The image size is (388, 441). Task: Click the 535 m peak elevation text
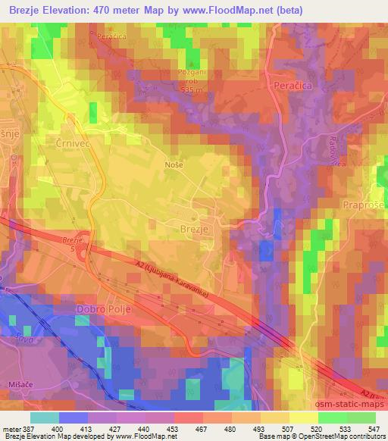coord(193,89)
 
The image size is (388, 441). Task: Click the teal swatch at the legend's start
coord(45,418)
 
